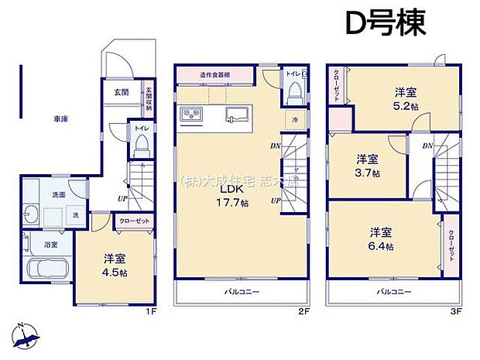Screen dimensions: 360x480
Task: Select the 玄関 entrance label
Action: [122, 92]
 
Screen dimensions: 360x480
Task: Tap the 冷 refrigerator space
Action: [295, 120]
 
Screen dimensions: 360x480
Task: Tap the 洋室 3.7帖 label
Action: [368, 165]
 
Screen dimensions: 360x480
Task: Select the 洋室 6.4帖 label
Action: [380, 239]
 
